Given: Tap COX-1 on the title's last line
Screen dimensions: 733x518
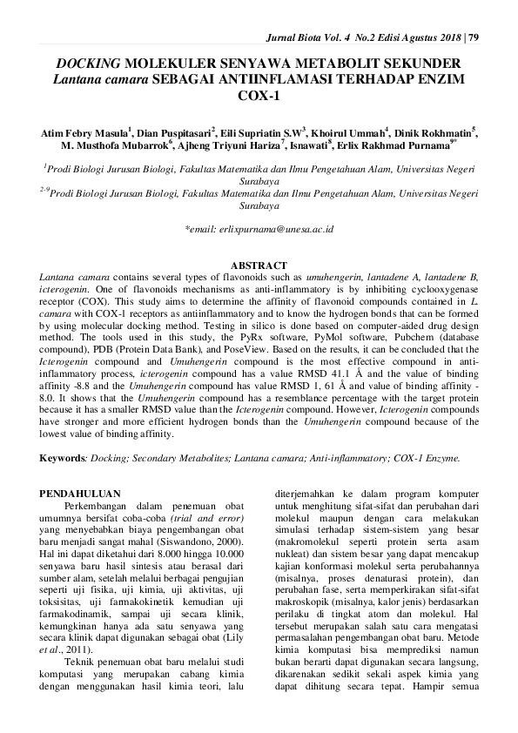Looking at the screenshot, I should point(259,96).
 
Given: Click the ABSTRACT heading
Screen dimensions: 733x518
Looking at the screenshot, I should point(259,265).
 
